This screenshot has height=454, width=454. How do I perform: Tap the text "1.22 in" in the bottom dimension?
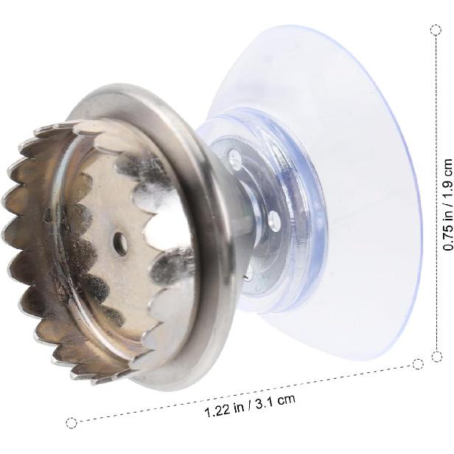pyautogui.click(x=224, y=410)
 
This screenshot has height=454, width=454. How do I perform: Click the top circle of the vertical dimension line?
pyautogui.click(x=436, y=29)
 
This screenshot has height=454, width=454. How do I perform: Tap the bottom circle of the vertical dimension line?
pyautogui.click(x=436, y=356)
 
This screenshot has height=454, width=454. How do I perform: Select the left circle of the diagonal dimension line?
pyautogui.click(x=71, y=423)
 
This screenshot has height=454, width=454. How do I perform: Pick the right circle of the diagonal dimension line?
pyautogui.click(x=418, y=364)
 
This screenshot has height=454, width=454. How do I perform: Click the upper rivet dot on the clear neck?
pyautogui.click(x=235, y=159)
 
